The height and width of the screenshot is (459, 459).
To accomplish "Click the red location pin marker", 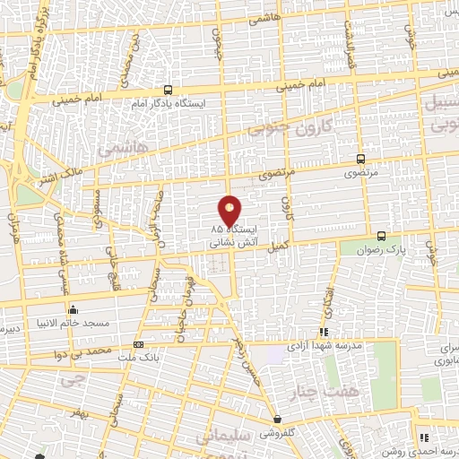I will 229,211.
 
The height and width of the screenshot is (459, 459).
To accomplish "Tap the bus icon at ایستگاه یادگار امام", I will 168,89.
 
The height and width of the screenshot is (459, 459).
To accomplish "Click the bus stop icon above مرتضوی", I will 361,157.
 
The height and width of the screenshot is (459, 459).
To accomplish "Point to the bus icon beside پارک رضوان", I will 382,236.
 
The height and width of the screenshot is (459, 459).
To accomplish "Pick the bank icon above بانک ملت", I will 137,344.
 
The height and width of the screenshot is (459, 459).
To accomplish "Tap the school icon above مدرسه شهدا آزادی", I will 324,332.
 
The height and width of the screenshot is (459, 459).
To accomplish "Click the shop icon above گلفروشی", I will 277,419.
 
